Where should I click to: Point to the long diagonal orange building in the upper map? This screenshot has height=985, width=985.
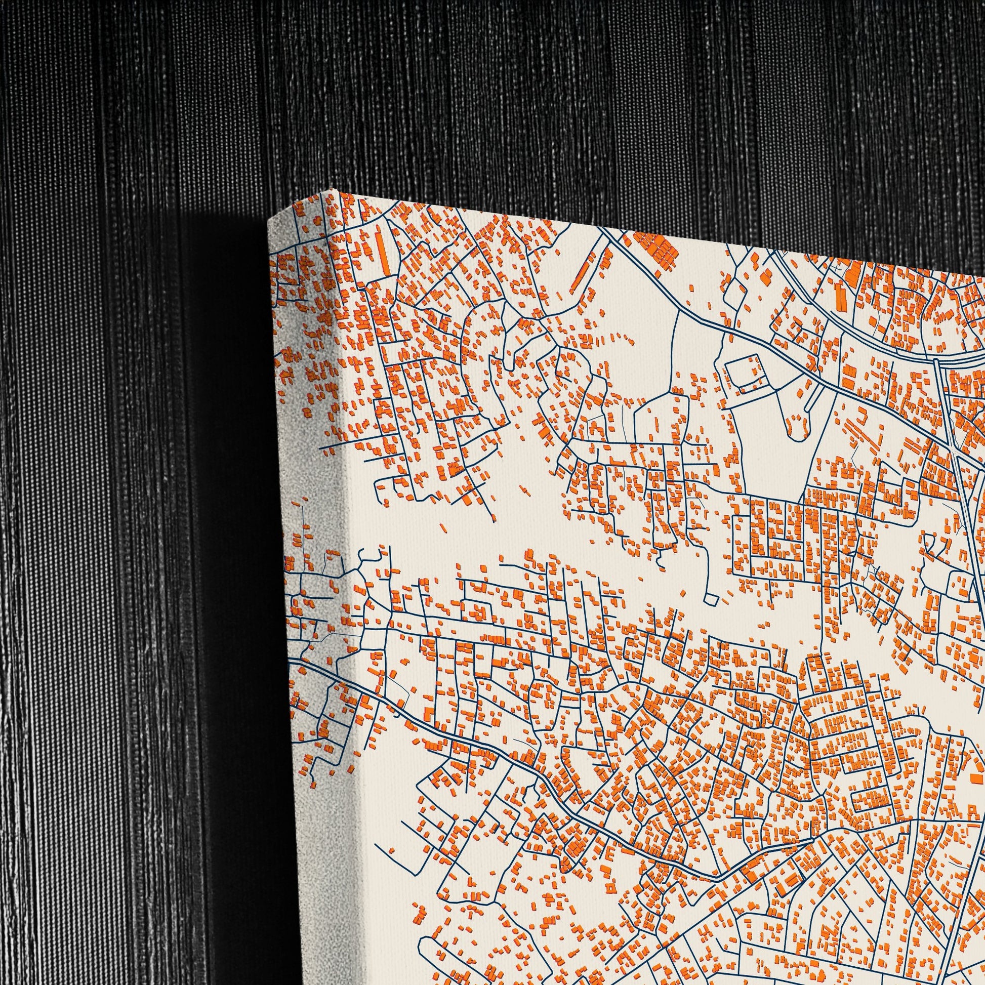coord(581,275)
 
